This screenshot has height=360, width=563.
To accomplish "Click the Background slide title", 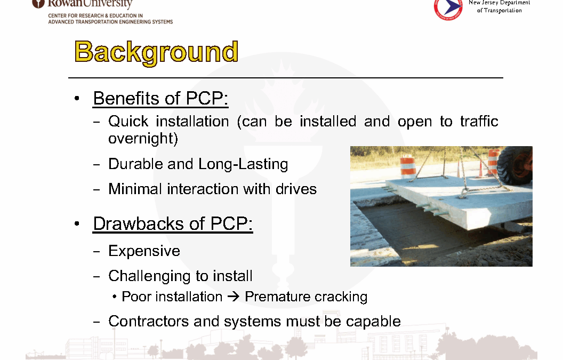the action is (156, 52).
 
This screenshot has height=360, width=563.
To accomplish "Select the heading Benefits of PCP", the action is (160, 99).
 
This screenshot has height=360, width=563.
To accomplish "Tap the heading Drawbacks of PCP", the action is (173, 224).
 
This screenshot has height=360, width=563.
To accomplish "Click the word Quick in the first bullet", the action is (128, 122).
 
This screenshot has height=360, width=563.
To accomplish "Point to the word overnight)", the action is (143, 138).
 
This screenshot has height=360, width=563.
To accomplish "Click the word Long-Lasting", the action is (243, 164).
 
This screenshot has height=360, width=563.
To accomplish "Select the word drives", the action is (296, 189).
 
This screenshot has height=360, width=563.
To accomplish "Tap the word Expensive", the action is (144, 251).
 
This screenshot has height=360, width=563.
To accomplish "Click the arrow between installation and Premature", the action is (234, 297).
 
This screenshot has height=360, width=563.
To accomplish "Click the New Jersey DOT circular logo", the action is (448, 8).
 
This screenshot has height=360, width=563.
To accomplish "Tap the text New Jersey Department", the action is (499, 3).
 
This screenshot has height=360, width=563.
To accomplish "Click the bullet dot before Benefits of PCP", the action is (76, 99).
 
